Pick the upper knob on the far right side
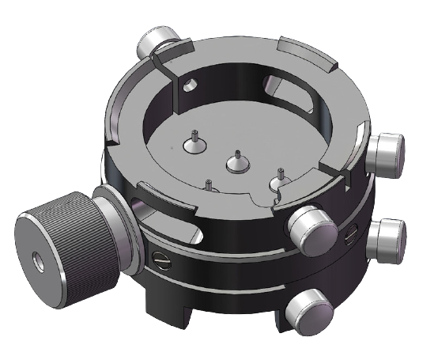(x=387, y=150)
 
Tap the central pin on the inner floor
(x=236, y=162)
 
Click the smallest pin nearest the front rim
(x=209, y=186)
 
